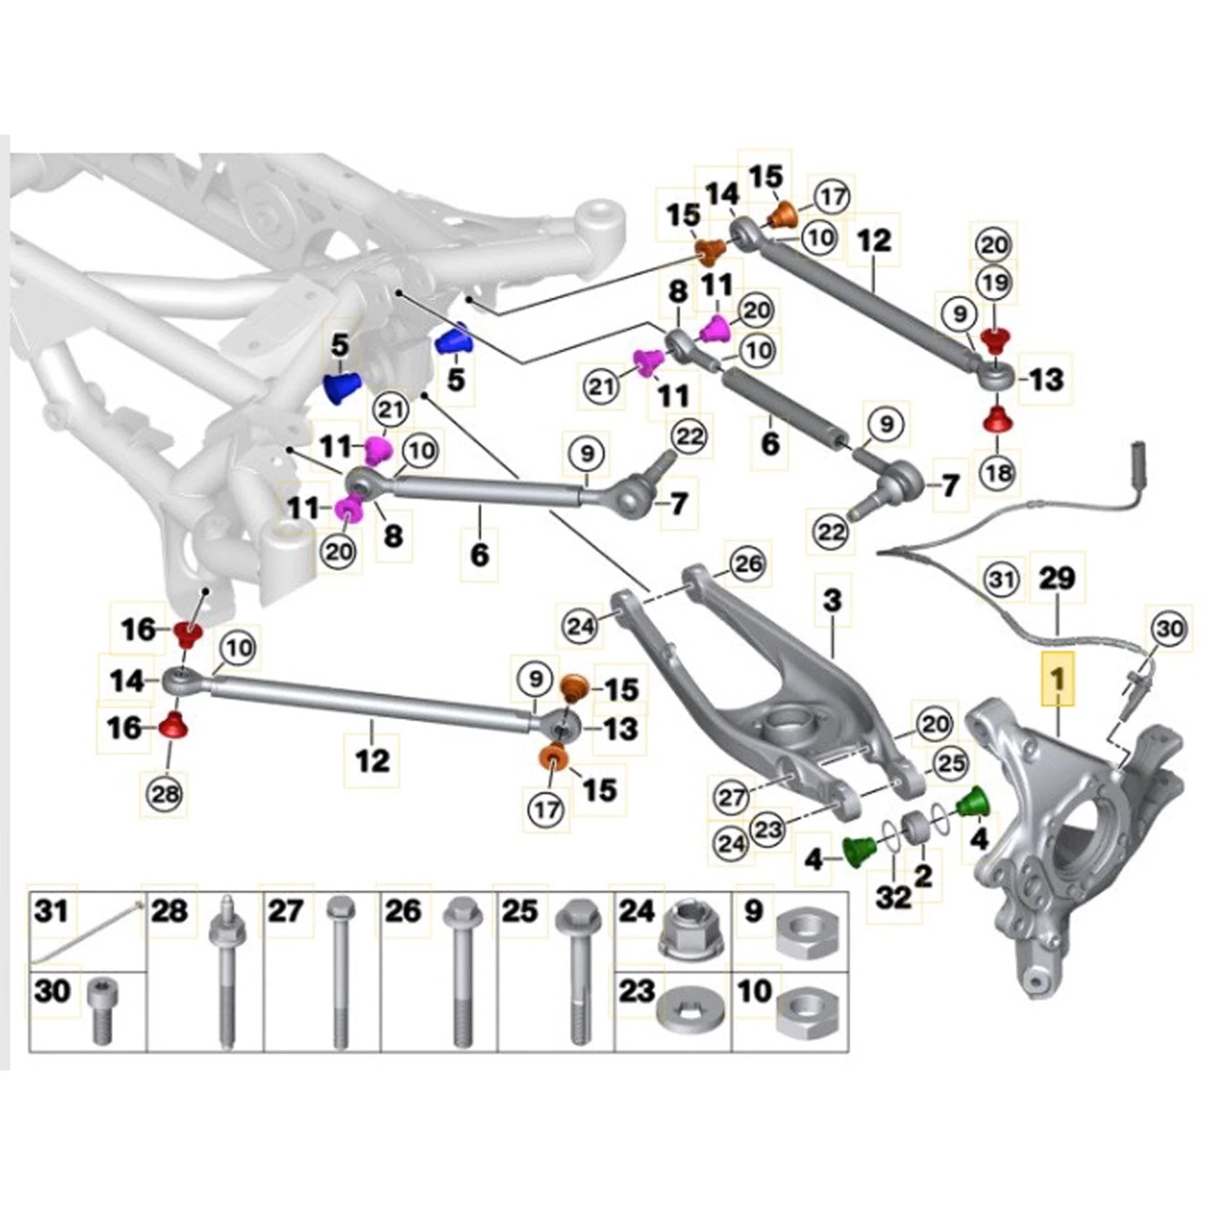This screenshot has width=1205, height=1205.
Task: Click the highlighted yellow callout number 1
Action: [x=1058, y=678]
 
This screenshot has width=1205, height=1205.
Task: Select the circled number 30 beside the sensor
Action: [x=1170, y=629]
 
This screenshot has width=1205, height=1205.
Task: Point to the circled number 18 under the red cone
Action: [x=998, y=473]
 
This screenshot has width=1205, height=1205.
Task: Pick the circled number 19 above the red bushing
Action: [x=995, y=283]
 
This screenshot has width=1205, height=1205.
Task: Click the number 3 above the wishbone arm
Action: [x=833, y=601]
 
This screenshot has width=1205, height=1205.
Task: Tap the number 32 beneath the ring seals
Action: [x=893, y=898]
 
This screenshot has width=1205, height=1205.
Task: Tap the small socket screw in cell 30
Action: [x=104, y=1010]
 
